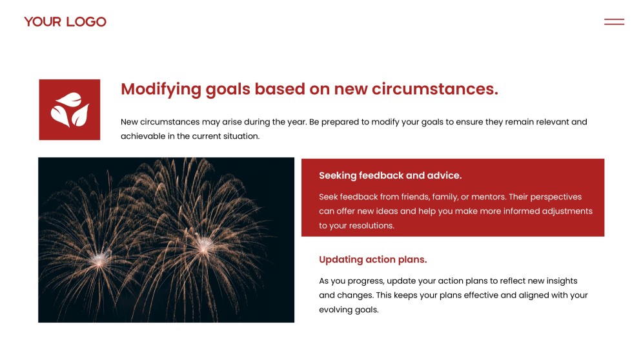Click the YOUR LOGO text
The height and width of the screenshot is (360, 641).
(x=65, y=22)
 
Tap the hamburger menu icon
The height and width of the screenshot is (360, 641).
(x=614, y=22)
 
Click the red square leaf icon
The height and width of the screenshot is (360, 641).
(x=70, y=110)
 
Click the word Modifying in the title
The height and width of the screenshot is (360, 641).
(x=161, y=90)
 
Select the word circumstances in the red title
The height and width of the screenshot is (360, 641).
(x=435, y=88)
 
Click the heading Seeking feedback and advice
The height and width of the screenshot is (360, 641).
(x=390, y=175)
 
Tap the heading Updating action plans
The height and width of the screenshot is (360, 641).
(x=373, y=259)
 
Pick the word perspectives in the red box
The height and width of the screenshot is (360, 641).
(x=556, y=197)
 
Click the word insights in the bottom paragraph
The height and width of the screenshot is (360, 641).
(x=561, y=281)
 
